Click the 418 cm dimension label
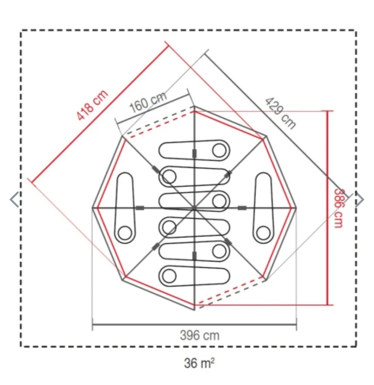[x=92, y=105]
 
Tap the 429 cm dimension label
[x=280, y=113]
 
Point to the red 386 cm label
[x=339, y=208]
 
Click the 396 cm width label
[x=199, y=336]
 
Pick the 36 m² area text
[x=199, y=363]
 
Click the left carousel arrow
[x=14, y=199]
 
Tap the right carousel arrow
[x=360, y=199]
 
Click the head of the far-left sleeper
[x=125, y=233]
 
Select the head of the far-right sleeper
[x=263, y=233]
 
